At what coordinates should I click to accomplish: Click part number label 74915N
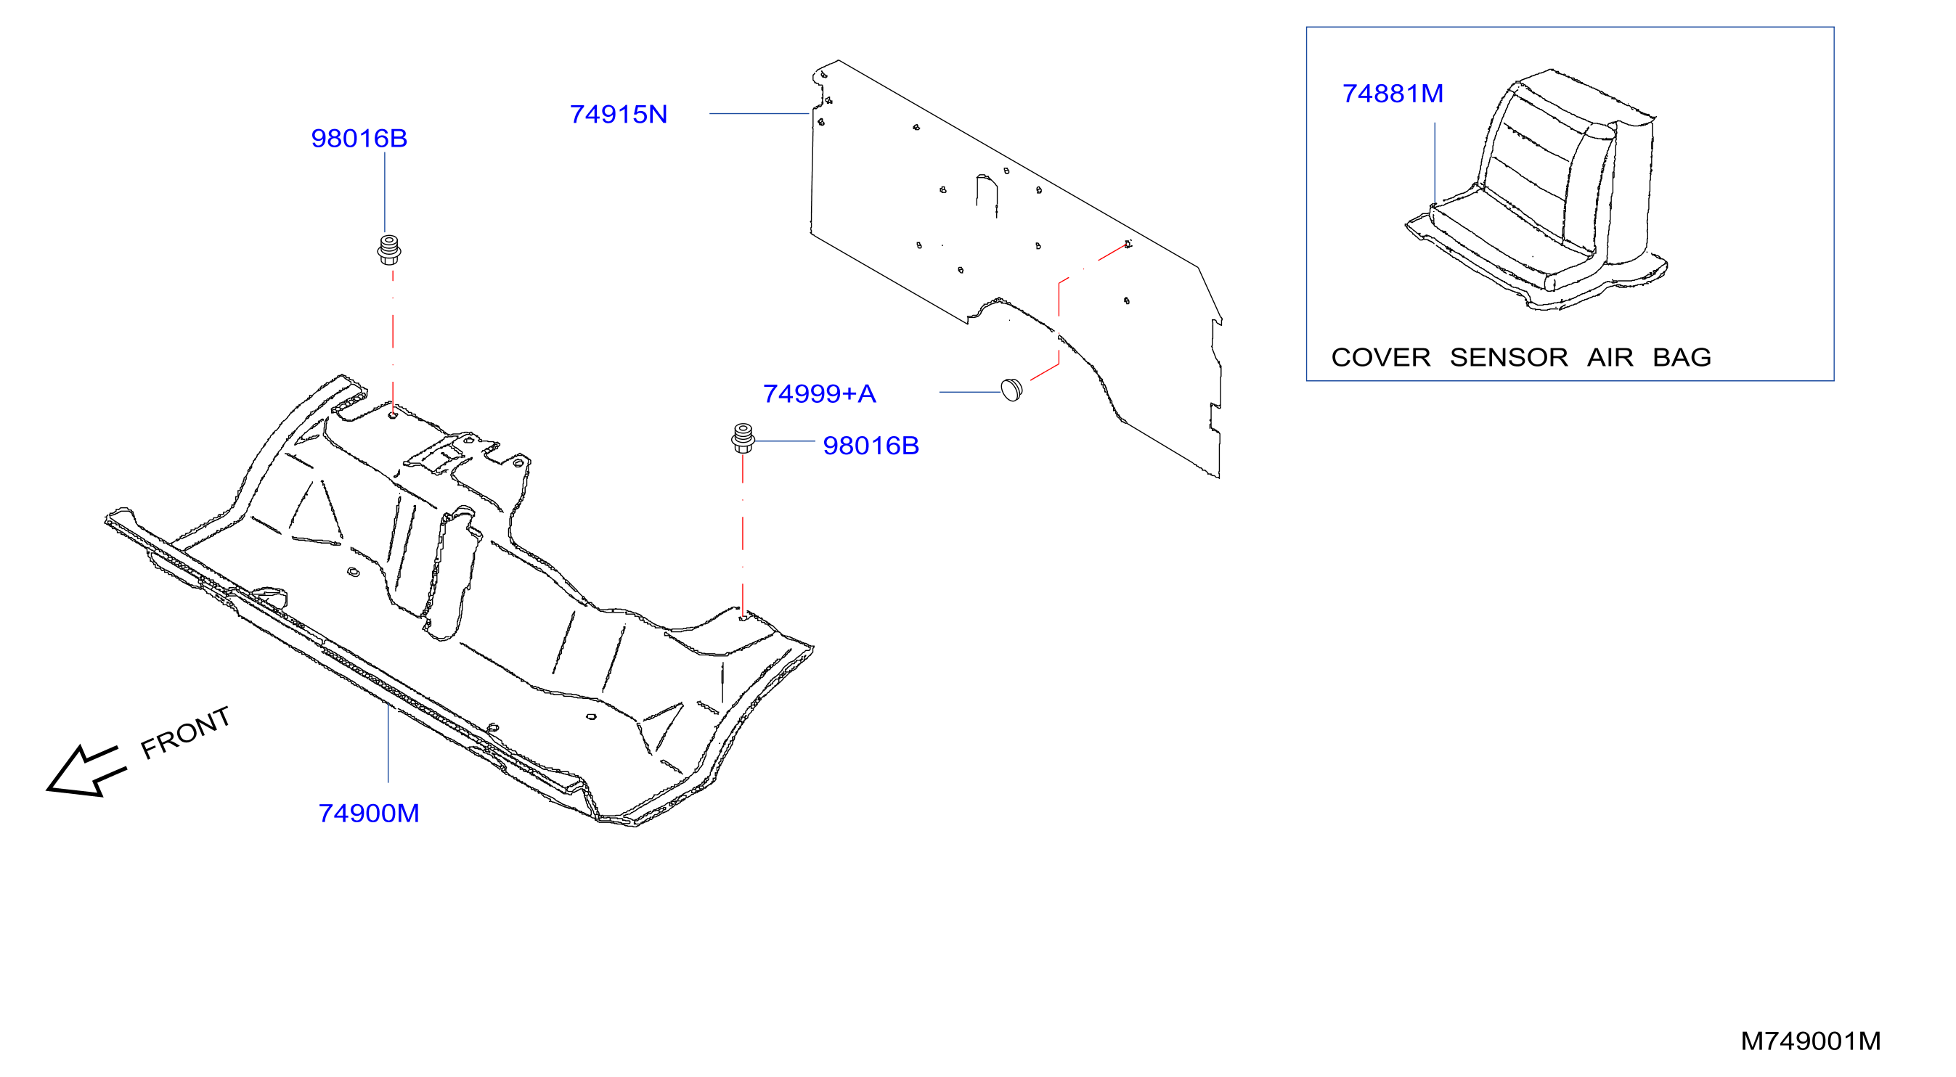(618, 115)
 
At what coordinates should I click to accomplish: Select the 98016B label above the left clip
(359, 138)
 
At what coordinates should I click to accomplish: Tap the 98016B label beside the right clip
(871, 446)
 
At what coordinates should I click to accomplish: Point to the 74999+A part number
(819, 393)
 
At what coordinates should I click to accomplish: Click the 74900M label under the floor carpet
(369, 813)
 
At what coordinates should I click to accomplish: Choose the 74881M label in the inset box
(1393, 94)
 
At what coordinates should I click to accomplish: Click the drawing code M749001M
(1810, 1041)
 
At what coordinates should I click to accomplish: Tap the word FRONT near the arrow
(185, 732)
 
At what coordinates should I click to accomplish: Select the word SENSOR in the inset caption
(1509, 357)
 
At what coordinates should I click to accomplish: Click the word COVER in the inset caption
(1380, 357)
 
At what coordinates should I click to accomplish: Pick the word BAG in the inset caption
(1682, 357)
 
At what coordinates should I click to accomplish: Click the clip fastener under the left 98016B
(388, 250)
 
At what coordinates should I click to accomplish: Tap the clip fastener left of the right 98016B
(743, 438)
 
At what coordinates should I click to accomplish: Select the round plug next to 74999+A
(1011, 389)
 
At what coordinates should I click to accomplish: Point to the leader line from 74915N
(759, 114)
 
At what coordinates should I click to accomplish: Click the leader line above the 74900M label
(388, 742)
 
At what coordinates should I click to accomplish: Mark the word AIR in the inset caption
(1610, 357)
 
